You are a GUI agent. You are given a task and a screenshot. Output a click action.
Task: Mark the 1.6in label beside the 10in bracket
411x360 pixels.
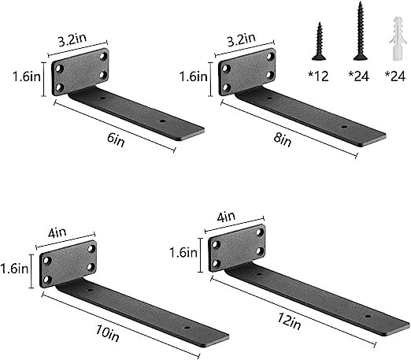(x=14, y=268)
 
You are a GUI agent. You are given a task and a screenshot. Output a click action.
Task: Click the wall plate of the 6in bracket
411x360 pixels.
(x=81, y=72)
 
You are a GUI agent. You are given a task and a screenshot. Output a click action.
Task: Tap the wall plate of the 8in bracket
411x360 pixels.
(x=246, y=72)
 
